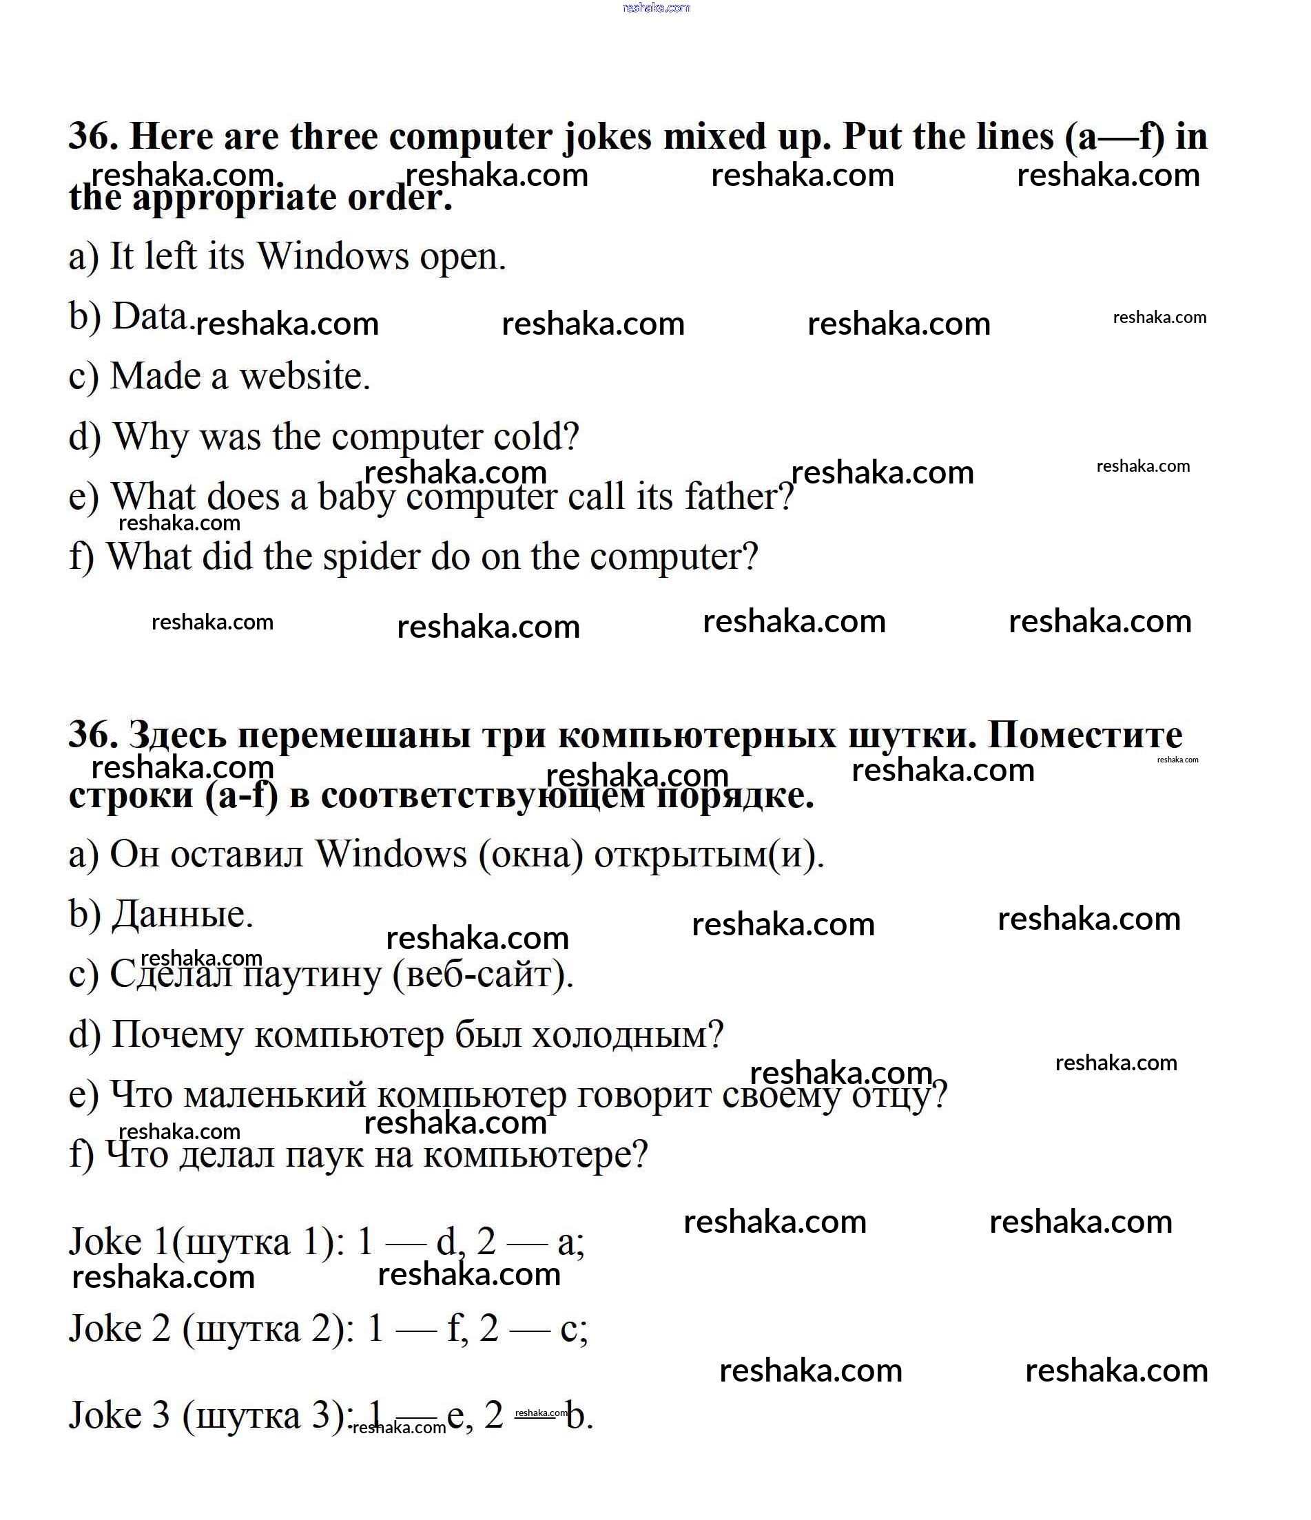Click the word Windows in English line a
click(332, 257)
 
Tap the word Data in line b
click(149, 317)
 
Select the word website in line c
click(304, 376)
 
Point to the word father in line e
click(738, 497)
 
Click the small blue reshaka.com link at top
click(656, 8)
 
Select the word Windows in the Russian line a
click(391, 855)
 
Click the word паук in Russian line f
click(324, 1156)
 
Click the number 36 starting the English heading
click(92, 137)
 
